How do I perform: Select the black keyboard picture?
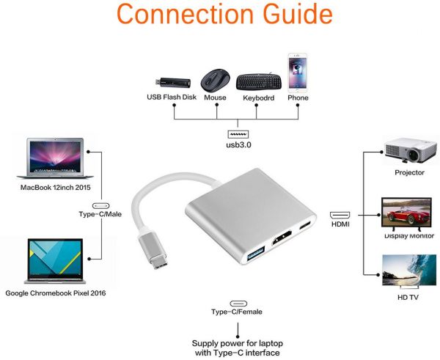click(257, 78)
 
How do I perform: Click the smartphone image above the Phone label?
click(298, 70)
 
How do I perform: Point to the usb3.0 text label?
click(238, 145)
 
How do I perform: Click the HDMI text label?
click(340, 224)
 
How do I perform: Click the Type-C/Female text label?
click(237, 312)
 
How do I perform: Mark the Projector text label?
click(409, 174)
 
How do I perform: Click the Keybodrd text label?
click(257, 98)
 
